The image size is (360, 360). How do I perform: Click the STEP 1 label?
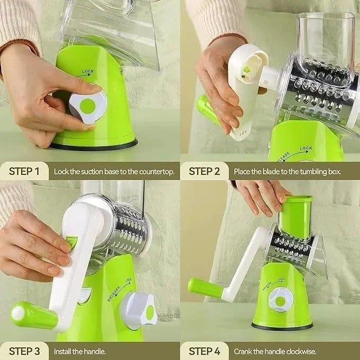(x=24, y=171)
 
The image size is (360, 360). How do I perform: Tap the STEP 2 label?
(x=204, y=171)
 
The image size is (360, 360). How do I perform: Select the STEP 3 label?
(x=24, y=352)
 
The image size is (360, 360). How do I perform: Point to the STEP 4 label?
(x=204, y=352)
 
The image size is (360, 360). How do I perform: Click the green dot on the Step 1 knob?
(x=87, y=106)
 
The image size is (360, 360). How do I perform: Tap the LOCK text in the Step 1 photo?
(x=88, y=72)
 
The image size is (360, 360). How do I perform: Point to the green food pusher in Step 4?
(x=296, y=217)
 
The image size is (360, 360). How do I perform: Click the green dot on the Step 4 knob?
(x=280, y=302)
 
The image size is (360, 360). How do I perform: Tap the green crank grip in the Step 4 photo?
(x=205, y=288)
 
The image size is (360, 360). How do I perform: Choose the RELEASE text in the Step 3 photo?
(x=113, y=294)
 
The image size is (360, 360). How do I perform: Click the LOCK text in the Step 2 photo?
(x=306, y=148)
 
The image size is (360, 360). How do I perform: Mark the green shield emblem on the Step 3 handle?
(x=72, y=242)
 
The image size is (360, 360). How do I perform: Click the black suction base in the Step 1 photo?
(x=94, y=145)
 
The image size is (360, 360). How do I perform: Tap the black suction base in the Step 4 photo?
(x=282, y=327)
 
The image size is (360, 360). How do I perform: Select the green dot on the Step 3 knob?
(x=150, y=312)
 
